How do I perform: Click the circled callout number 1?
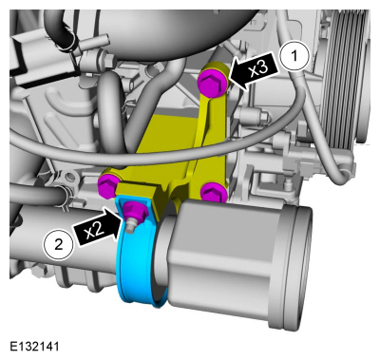point(294,56)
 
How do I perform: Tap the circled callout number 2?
point(59,244)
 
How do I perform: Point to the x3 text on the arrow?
point(259,68)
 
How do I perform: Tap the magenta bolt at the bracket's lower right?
point(214,191)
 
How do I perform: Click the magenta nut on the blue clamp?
point(135,211)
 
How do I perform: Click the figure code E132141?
point(34,346)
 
